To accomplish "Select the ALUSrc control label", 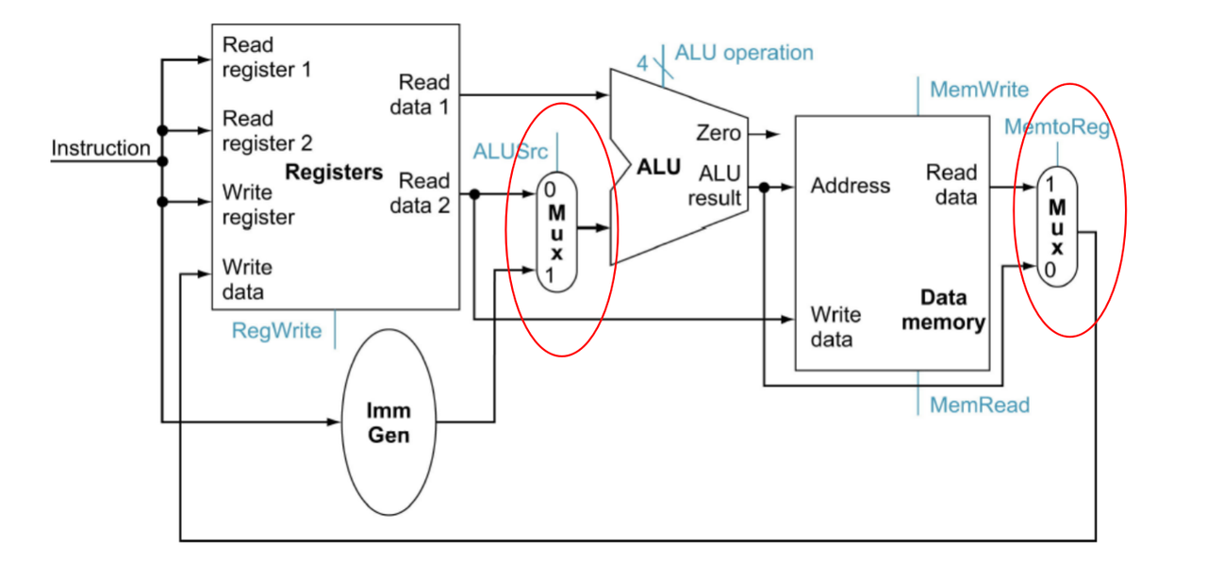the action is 510,152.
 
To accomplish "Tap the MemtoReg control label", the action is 1057,127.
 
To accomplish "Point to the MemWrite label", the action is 979,90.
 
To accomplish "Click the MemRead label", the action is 980,405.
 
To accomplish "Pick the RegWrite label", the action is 276,331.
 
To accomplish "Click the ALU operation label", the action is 744,54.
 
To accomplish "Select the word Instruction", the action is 101,148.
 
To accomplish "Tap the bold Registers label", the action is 334,173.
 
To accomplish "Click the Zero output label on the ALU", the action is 719,133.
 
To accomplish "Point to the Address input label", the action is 851,186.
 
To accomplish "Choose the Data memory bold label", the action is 944,310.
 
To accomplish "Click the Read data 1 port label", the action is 420,95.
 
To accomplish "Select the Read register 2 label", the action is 267,131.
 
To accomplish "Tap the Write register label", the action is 258,205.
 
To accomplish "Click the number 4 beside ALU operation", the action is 642,63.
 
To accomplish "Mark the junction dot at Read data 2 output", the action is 474,194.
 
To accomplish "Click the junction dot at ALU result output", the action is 764,188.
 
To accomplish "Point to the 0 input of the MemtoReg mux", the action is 1050,270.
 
